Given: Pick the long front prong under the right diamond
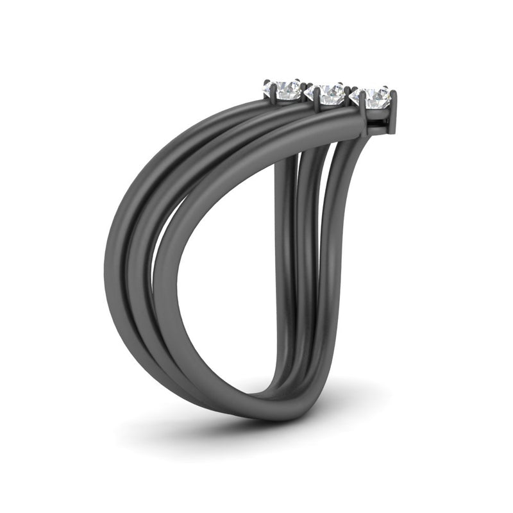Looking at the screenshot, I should pyautogui.click(x=364, y=105).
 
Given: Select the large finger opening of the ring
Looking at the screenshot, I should pyautogui.click(x=231, y=269).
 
